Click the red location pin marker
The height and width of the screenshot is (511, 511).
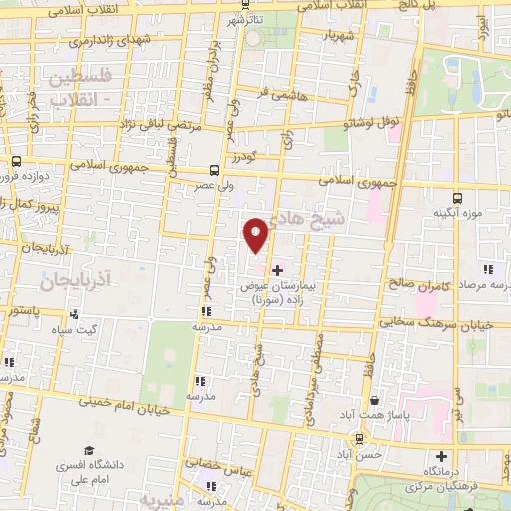[256, 236]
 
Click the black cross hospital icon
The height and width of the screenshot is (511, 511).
[277, 270]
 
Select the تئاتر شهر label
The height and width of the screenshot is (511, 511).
[246, 20]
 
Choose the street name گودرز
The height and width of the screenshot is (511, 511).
[245, 157]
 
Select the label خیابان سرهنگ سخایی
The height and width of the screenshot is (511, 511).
[439, 322]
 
